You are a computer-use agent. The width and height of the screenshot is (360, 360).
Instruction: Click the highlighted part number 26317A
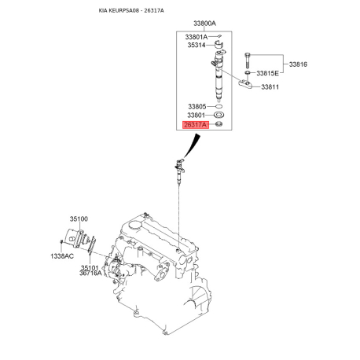click(x=194, y=125)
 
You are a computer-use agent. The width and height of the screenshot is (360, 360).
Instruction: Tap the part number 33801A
click(x=197, y=36)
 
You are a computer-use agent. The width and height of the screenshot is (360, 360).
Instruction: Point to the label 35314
click(x=197, y=46)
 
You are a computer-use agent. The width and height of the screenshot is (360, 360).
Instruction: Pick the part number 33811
click(x=271, y=86)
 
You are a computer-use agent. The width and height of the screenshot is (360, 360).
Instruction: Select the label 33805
click(x=197, y=106)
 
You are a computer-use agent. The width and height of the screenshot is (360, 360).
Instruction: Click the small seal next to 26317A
click(x=218, y=125)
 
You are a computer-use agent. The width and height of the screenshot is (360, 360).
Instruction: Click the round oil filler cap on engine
click(x=133, y=226)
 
